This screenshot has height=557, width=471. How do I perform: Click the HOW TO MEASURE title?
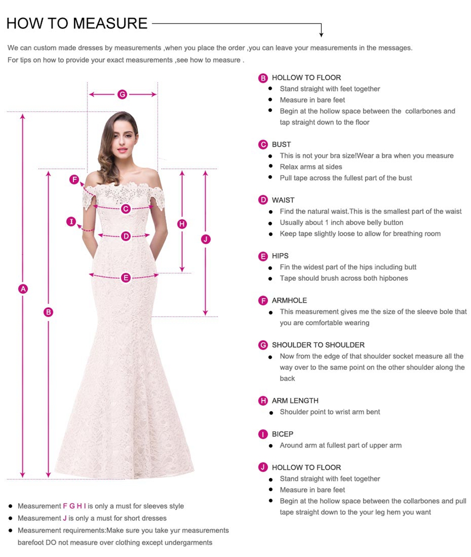pos(77,24)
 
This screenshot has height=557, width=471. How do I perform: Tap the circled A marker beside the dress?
pos(23,289)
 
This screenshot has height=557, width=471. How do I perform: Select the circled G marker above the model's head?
pos(122,94)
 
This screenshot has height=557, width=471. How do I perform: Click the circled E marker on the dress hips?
pos(126,278)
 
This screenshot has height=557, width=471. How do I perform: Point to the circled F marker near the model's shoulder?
pos(75,180)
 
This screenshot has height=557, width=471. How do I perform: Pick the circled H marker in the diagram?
pos(182,224)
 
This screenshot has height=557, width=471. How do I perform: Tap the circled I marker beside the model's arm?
pos(72,222)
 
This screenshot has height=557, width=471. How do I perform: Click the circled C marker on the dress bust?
pos(126,209)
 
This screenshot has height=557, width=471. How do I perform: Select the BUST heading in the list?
pos(281,144)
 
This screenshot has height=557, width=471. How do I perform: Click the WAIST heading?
pos(283,200)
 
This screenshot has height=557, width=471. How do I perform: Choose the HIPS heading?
pos(280,256)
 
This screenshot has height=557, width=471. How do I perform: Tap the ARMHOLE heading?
pos(289,300)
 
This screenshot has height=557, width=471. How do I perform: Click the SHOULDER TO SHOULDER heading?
pos(318,345)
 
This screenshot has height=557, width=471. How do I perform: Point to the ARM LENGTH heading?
pos(295,400)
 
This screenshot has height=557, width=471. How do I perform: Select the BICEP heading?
pos(283,434)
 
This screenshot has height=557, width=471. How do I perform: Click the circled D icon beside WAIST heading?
pos(263,200)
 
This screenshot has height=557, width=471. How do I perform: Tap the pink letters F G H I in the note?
pos(75,506)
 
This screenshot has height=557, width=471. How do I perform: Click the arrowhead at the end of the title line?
pos(321,34)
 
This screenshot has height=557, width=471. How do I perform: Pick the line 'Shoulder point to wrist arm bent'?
pos(330,412)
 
